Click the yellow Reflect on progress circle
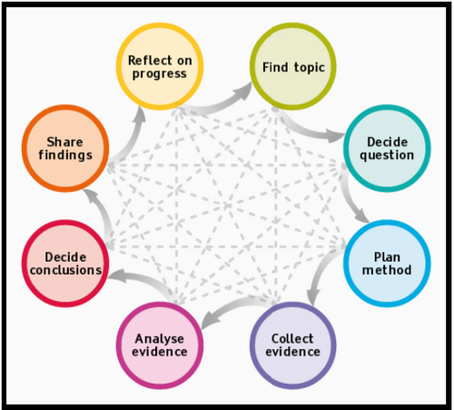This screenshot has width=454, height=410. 160,66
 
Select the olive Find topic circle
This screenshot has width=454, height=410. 293,66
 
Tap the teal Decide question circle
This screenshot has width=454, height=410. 387,148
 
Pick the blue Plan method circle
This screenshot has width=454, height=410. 387,264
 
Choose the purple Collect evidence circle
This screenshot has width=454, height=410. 293,345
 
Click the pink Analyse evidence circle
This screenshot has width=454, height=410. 160,345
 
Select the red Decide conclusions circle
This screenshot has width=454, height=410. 65,264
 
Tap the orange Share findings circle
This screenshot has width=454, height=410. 65,148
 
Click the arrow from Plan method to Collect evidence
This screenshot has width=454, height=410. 321,270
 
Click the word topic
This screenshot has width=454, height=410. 310,68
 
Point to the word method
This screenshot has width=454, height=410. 387,270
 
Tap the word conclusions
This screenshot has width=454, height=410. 65,270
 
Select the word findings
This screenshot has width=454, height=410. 65,155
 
